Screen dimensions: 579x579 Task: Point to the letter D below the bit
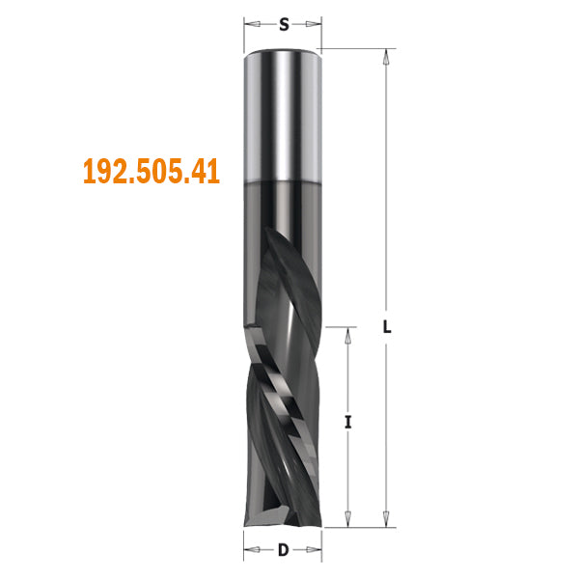click(x=283, y=551)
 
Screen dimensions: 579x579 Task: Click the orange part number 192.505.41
click(x=152, y=173)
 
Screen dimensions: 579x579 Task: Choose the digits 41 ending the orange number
click(x=207, y=173)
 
